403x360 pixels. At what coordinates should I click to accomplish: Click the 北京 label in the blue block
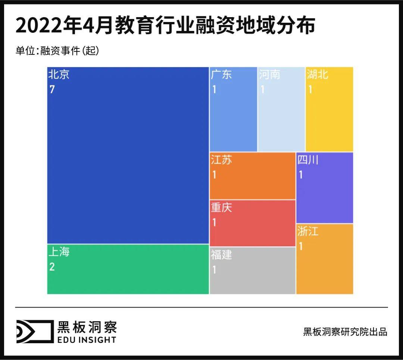59,75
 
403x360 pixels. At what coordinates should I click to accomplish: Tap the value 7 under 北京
52,90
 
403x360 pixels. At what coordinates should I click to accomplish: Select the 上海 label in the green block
59,252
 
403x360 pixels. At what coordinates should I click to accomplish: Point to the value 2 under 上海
52,267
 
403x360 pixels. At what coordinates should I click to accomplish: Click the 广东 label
221,75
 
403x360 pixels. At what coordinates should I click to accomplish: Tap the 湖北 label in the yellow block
318,75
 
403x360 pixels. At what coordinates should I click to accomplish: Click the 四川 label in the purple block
308,160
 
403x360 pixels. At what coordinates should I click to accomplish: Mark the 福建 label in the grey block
221,255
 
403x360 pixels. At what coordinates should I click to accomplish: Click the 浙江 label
308,232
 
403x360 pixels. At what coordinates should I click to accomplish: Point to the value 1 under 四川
301,175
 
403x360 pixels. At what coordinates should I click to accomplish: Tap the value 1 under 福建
214,270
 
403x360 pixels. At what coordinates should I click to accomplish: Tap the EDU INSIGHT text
87,339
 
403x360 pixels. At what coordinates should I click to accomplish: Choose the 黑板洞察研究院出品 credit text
345,332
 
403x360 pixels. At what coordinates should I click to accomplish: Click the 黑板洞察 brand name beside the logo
87,327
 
